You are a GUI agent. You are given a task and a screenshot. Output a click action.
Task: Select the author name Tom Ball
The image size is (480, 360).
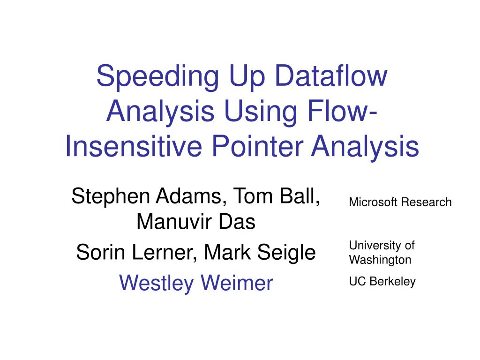click(x=277, y=196)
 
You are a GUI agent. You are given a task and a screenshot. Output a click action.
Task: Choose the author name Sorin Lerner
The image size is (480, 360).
click(x=136, y=253)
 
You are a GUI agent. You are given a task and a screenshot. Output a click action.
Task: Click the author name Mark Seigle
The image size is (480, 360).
click(x=260, y=253)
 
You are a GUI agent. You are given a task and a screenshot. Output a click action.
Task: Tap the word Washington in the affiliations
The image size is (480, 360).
click(x=380, y=259)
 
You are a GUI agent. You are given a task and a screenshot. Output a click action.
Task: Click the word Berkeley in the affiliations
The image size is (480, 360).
click(x=393, y=282)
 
